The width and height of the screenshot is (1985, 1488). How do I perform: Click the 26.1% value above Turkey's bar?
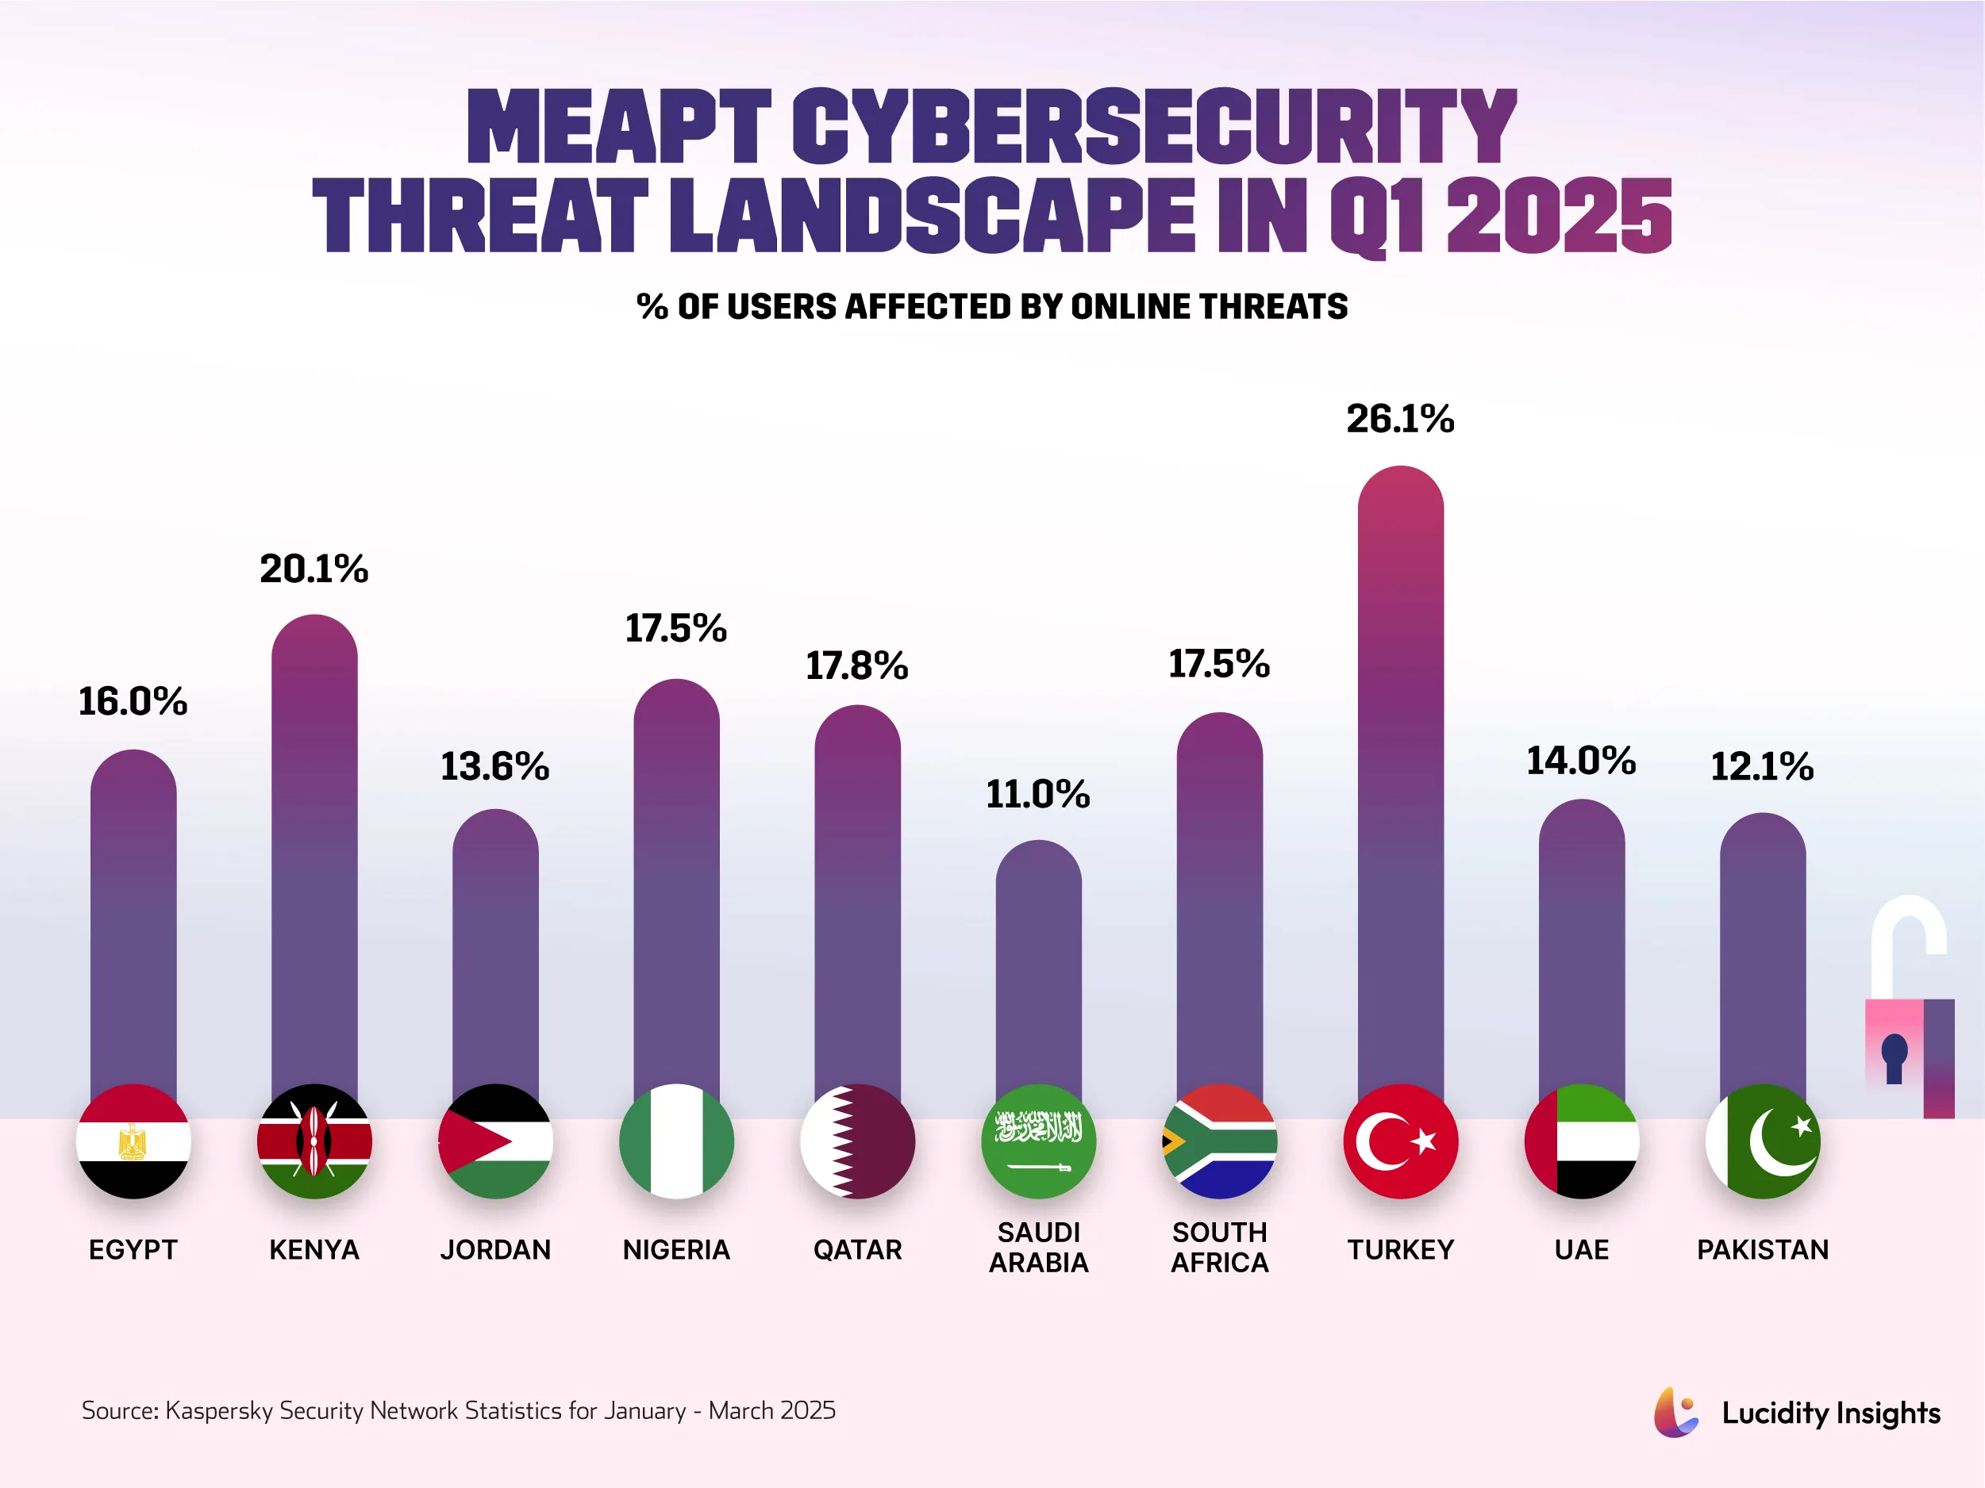pyautogui.click(x=1400, y=419)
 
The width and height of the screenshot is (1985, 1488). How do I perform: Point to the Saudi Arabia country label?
pyautogui.click(x=1038, y=1247)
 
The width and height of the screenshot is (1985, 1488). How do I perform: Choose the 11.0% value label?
pyautogui.click(x=1037, y=794)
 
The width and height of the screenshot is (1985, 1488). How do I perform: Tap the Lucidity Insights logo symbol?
pyautogui.click(x=1675, y=1412)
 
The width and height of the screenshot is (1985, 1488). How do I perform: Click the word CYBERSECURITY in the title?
pyautogui.click(x=1153, y=128)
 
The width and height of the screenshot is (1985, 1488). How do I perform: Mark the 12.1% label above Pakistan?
pyautogui.click(x=1761, y=766)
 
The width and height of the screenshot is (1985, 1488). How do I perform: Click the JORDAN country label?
pyautogui.click(x=495, y=1249)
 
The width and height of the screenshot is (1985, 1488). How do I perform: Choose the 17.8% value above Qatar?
pyautogui.click(x=856, y=665)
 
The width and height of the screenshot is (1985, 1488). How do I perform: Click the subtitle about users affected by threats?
pyautogui.click(x=991, y=307)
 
